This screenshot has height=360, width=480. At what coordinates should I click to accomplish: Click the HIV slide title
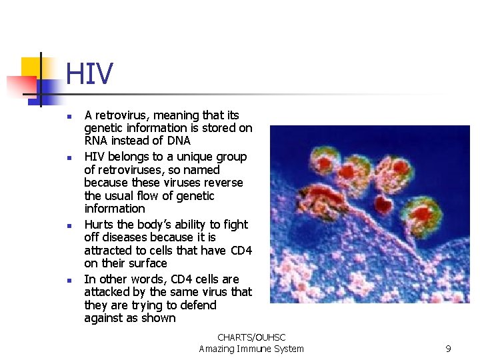pyautogui.click(x=89, y=74)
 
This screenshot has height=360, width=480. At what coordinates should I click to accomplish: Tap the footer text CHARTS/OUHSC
pyautogui.click(x=251, y=338)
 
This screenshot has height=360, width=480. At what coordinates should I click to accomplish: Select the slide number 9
pyautogui.click(x=448, y=349)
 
